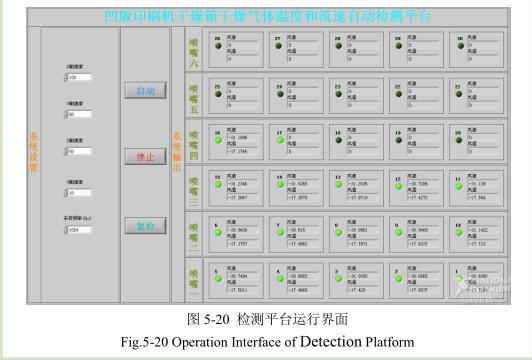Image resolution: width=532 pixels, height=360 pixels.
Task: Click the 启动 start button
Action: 145,90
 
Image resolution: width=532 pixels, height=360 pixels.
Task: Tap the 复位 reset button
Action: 145,226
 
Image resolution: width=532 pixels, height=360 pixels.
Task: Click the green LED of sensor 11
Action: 463,187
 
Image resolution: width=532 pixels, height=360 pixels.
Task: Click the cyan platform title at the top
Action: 266,16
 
